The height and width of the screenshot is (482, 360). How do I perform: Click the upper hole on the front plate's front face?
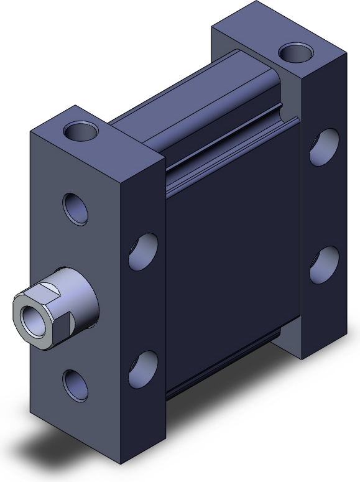click(75, 208)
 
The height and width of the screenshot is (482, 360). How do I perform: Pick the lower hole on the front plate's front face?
click(75, 383)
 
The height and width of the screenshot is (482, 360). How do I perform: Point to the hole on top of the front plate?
click(81, 131)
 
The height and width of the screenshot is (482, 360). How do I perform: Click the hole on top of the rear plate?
click(295, 53)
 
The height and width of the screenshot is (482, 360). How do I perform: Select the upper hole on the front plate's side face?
click(144, 251)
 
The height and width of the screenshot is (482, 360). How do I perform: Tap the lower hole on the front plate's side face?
click(144, 369)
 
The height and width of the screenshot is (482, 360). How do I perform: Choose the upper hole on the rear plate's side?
click(324, 147)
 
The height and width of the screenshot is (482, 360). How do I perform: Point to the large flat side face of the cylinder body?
click(230, 249)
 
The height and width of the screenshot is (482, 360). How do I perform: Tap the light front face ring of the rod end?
click(22, 311)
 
